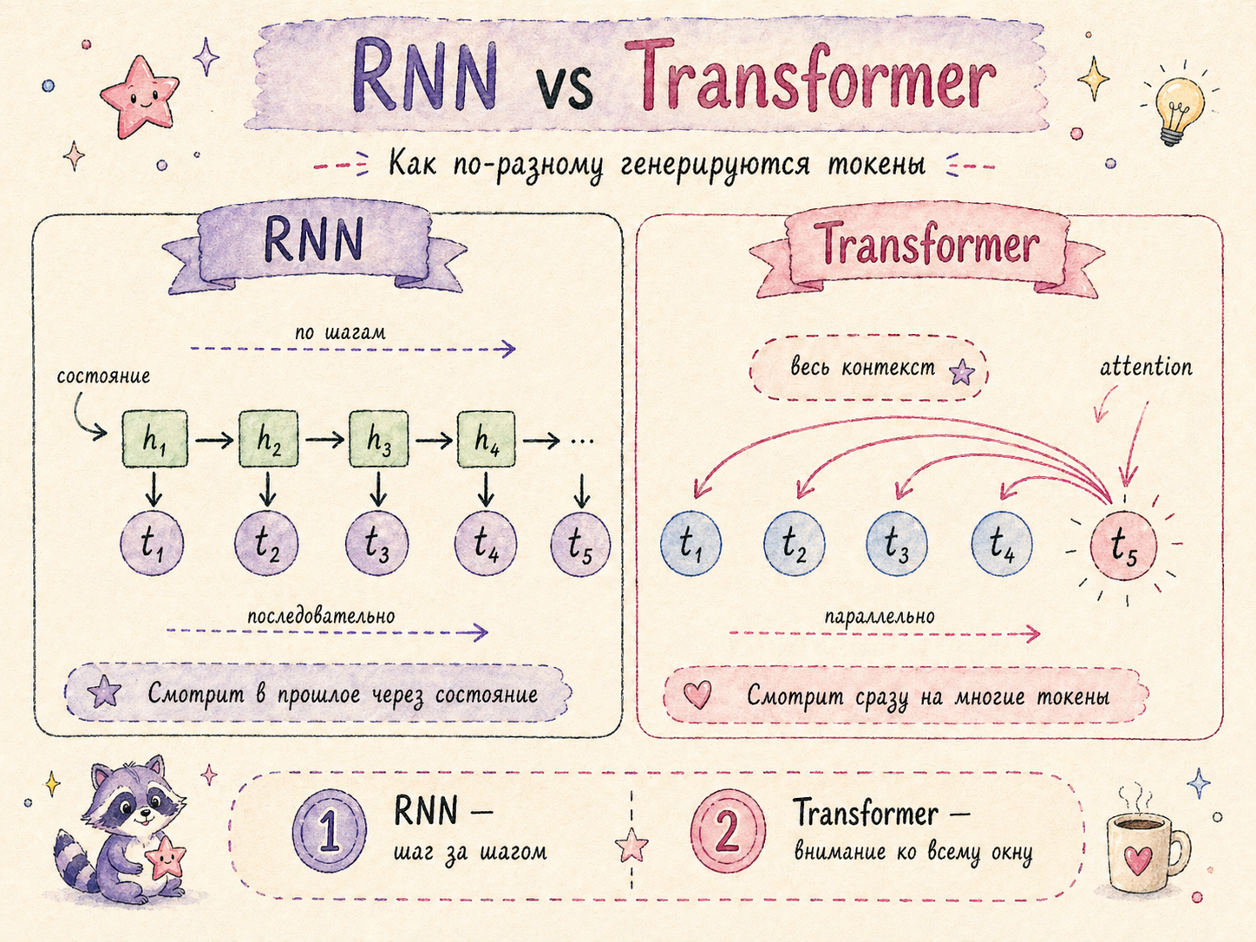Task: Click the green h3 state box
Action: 378,440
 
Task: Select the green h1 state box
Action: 154,440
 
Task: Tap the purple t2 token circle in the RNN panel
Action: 266,544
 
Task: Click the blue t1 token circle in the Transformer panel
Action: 690,544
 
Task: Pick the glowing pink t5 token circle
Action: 1123,546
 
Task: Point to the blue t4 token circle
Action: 1002,544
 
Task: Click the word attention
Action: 1145,367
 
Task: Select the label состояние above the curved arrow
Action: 103,376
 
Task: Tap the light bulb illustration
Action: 1180,110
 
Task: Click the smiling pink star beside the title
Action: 139,95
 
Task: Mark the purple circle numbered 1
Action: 330,832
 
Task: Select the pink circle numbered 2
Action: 728,832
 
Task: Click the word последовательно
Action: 321,616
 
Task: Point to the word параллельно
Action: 880,617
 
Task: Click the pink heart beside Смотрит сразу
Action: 697,694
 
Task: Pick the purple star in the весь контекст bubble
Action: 961,373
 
